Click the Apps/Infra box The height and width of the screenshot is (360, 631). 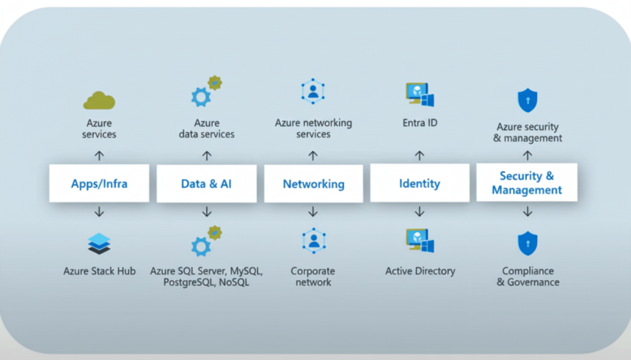coord(99,183)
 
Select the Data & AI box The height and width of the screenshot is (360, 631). coord(206,183)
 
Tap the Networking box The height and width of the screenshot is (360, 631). coord(313,183)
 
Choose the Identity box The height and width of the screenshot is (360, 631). coord(420,183)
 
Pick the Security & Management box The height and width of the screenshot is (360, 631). coord(527,183)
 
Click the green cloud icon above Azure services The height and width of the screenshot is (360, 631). coord(99,100)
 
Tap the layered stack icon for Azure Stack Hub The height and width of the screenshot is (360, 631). coord(99,243)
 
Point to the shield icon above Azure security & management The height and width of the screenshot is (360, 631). coord(527,99)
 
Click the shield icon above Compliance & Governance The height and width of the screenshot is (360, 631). coord(527,243)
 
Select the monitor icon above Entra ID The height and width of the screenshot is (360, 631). coord(420,94)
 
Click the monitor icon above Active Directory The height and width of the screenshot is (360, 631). coord(420,241)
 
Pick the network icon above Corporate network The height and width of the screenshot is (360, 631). coord(313,240)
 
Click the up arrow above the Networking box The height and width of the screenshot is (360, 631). coord(313,155)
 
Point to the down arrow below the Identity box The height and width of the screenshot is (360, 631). coord(420,212)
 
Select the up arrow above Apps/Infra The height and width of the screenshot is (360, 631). coord(99,155)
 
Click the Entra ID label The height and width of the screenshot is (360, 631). coord(420,122)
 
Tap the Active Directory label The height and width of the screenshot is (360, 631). coord(420,271)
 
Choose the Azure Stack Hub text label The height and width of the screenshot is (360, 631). coord(99,271)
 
